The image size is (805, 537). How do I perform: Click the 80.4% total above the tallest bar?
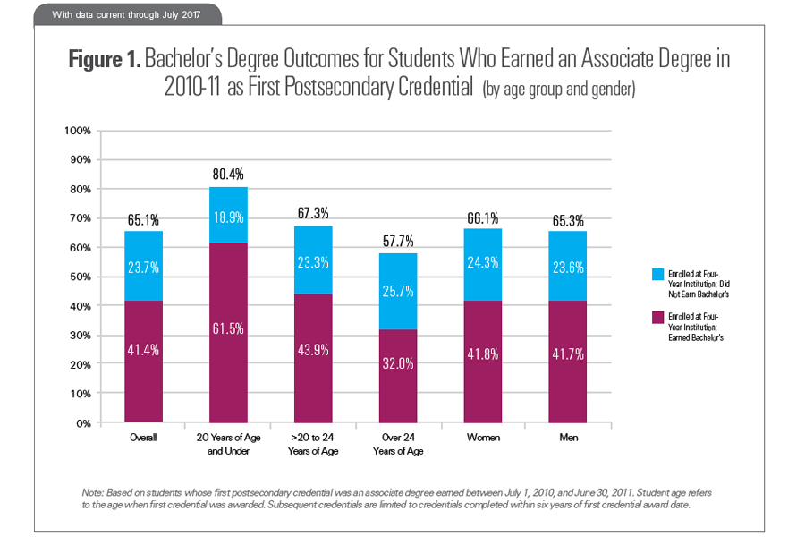pyautogui.click(x=228, y=174)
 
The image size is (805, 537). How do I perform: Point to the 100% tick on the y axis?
pyautogui.click(x=79, y=131)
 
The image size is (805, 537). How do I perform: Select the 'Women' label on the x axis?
pyautogui.click(x=483, y=438)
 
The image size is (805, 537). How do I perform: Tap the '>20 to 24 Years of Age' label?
pyautogui.click(x=313, y=444)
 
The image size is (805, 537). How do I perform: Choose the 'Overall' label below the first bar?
pyautogui.click(x=143, y=438)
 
